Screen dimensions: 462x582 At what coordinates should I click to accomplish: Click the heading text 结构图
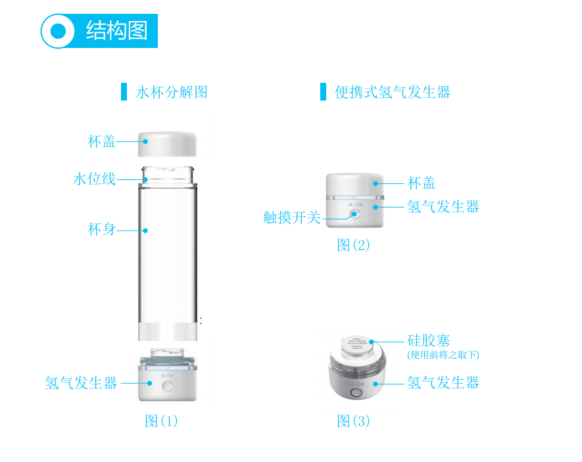(x=116, y=30)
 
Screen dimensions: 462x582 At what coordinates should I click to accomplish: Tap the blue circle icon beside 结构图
(x=58, y=31)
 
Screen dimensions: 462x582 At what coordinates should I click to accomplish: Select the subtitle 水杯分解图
(x=172, y=92)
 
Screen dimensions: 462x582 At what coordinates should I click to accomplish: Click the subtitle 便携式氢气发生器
(x=393, y=92)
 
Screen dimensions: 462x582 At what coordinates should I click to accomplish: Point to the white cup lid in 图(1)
(x=168, y=143)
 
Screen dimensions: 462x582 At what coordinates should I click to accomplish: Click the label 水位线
(x=94, y=179)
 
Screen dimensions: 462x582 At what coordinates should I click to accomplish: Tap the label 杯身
(x=101, y=229)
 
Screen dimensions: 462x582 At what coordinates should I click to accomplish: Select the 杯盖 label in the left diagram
(x=101, y=141)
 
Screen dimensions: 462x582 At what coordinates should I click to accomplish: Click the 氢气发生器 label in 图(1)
(x=81, y=382)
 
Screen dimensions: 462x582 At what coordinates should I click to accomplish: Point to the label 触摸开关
(x=291, y=218)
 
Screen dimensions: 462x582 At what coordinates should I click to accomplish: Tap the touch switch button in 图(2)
(x=355, y=214)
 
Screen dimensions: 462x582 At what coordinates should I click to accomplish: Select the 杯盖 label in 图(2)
(x=422, y=183)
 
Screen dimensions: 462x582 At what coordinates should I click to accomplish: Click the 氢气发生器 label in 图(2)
(x=443, y=206)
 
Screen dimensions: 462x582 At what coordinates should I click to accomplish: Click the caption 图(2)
(x=353, y=245)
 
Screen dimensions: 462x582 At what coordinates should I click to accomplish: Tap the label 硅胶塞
(x=429, y=340)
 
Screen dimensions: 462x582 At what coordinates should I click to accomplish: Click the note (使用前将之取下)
(x=443, y=355)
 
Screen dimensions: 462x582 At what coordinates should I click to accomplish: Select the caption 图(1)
(x=161, y=421)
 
